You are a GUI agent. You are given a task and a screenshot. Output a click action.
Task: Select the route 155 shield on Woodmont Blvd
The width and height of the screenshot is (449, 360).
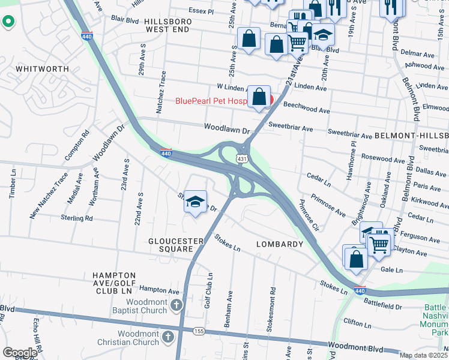pos(197,331)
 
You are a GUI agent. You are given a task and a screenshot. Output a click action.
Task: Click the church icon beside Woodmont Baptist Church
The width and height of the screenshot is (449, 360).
pos(176,305)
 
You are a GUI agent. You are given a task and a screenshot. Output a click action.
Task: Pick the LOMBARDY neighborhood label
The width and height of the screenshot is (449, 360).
pos(280,244)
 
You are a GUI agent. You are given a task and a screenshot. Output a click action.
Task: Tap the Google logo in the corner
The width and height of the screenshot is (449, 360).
pos(20,353)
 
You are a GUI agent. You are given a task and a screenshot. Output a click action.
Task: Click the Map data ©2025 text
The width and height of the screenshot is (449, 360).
pos(423,355)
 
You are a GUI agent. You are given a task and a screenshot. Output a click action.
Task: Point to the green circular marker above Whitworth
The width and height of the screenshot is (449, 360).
pos(8,22)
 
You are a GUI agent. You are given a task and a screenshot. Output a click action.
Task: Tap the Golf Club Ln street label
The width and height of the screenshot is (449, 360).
pos(210,292)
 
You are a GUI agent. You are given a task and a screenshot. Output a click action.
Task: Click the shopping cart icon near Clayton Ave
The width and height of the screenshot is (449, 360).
pos(379,244)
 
